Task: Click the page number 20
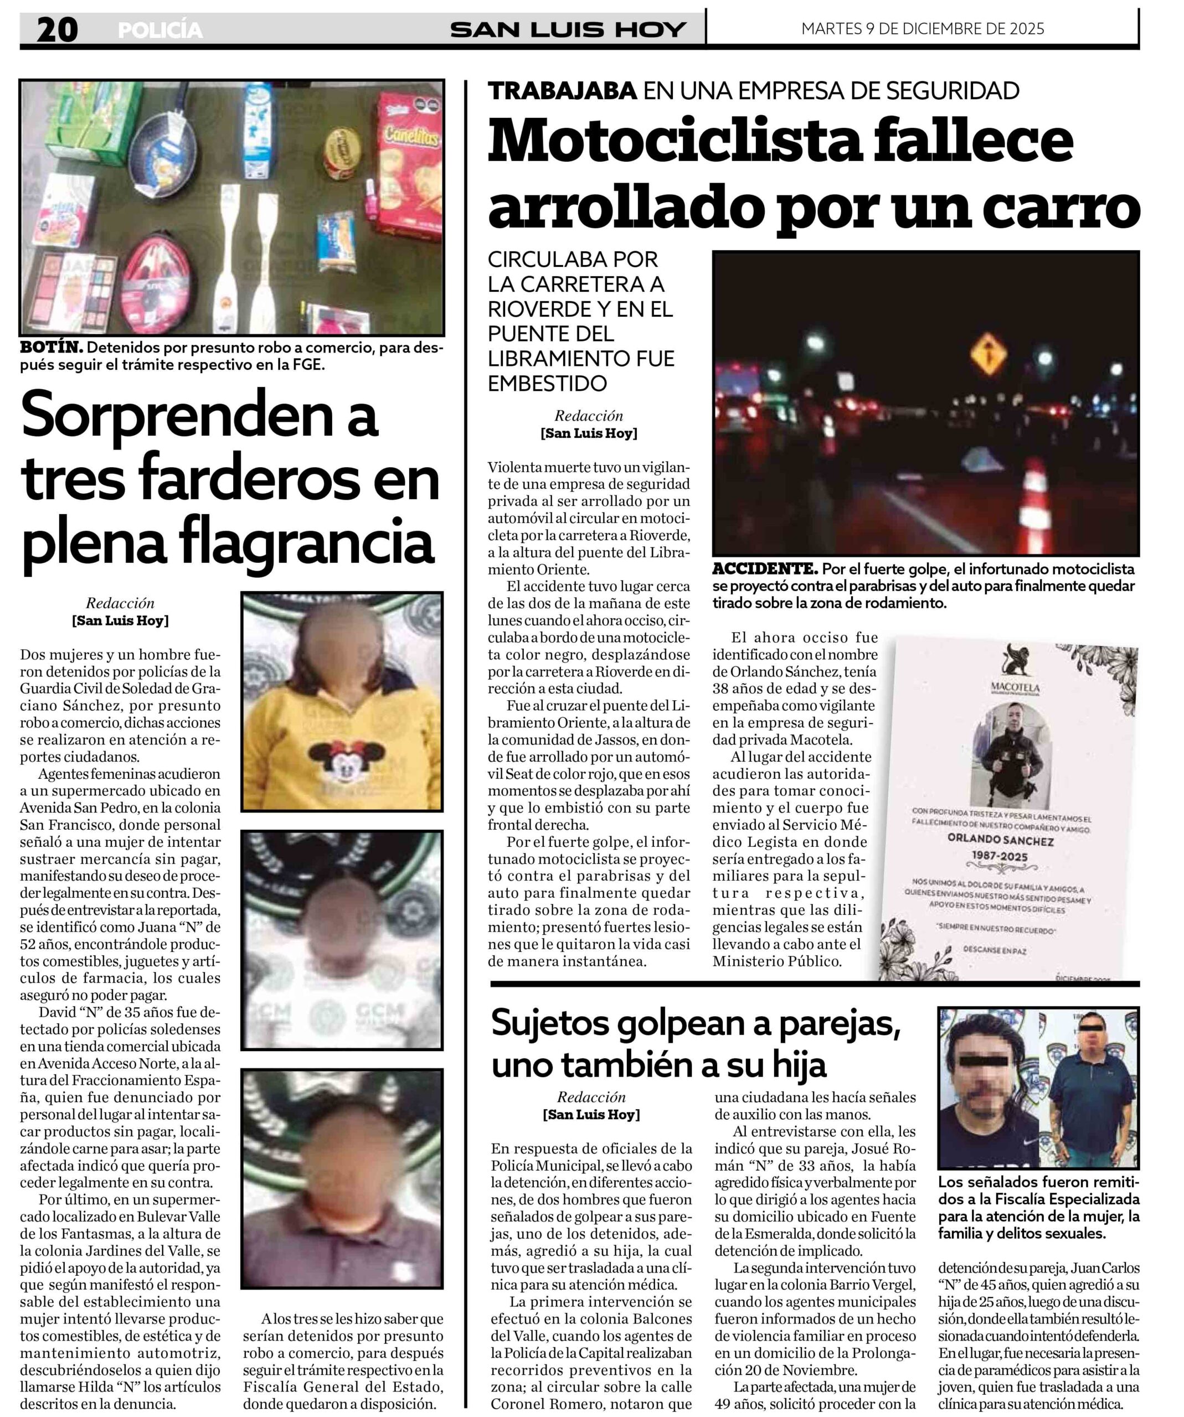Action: pos(58,30)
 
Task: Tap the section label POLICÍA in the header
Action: pos(160,30)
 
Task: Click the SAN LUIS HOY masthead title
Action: pos(568,30)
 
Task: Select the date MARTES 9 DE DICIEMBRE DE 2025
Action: pos(922,29)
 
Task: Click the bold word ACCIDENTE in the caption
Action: pos(764,569)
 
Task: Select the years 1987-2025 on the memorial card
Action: pos(1000,856)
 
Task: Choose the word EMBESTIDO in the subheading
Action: pos(548,383)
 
